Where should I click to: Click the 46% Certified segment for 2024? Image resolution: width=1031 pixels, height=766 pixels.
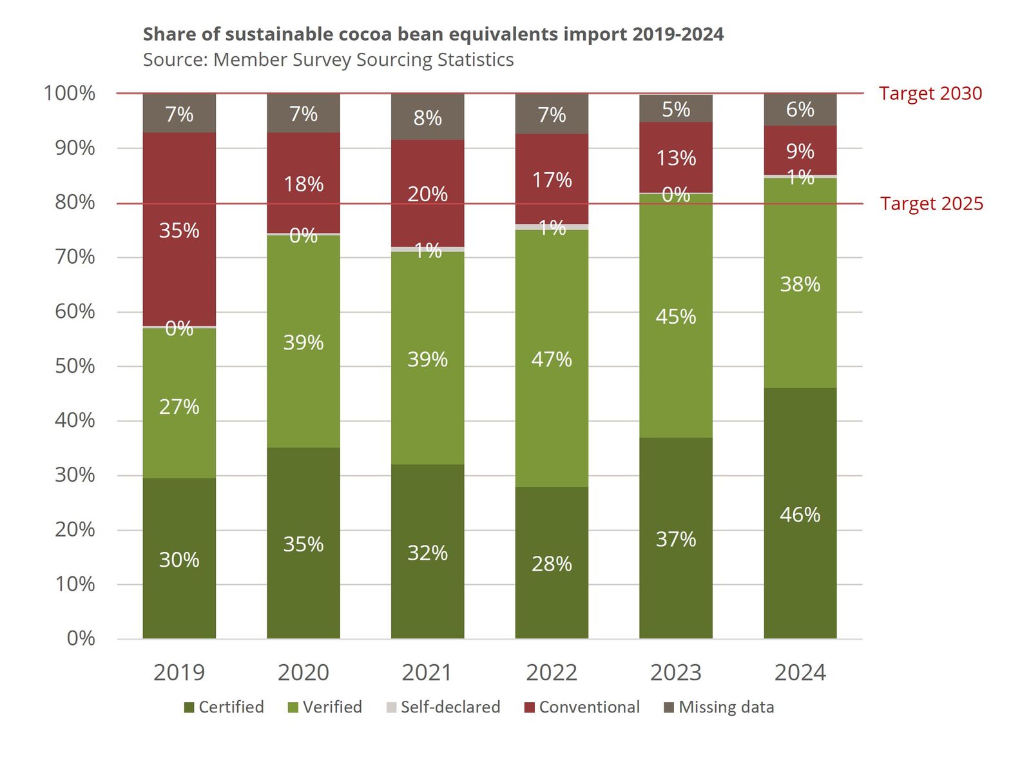800,513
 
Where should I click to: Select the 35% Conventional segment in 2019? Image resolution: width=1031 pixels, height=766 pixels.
179,230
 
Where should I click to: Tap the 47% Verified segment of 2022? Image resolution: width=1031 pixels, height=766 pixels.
552,358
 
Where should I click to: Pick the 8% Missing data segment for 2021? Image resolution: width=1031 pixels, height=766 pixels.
427,117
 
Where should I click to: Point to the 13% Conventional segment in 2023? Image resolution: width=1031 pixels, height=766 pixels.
676,158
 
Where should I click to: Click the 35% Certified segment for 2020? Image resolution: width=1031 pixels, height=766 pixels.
304,543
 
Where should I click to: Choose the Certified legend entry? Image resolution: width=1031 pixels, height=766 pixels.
224,707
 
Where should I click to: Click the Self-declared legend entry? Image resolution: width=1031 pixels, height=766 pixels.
443,707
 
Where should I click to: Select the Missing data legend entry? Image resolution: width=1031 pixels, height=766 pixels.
719,707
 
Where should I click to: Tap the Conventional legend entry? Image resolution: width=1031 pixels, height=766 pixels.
583,707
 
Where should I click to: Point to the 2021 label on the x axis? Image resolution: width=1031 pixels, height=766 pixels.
427,673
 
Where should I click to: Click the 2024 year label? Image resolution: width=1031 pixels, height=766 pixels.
800,673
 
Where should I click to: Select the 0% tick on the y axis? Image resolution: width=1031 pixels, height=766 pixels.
81,638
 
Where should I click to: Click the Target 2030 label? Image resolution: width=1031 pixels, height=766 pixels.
930,93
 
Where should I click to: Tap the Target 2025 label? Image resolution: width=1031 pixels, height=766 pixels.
932,204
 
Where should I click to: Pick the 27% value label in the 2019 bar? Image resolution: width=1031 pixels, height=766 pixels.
179,407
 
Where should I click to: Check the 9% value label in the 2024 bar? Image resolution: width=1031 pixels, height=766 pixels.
800,152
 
